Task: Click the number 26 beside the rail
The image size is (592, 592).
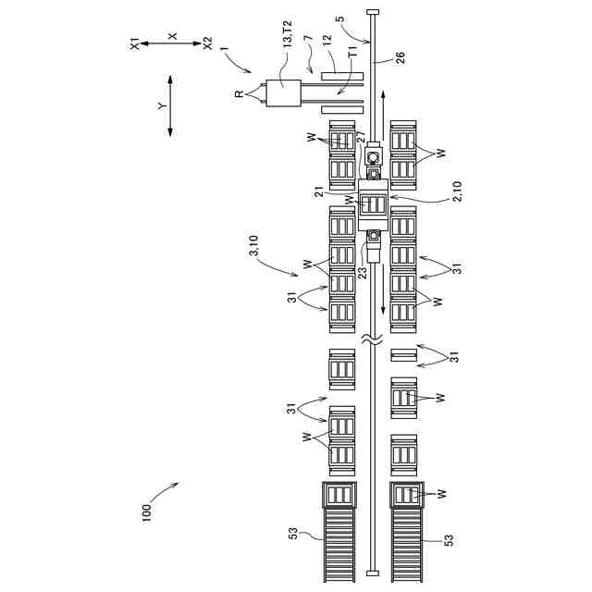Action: point(400,57)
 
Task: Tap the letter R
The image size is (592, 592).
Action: point(240,93)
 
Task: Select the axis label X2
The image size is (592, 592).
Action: point(207,43)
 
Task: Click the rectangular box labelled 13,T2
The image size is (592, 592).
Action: point(283,93)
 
